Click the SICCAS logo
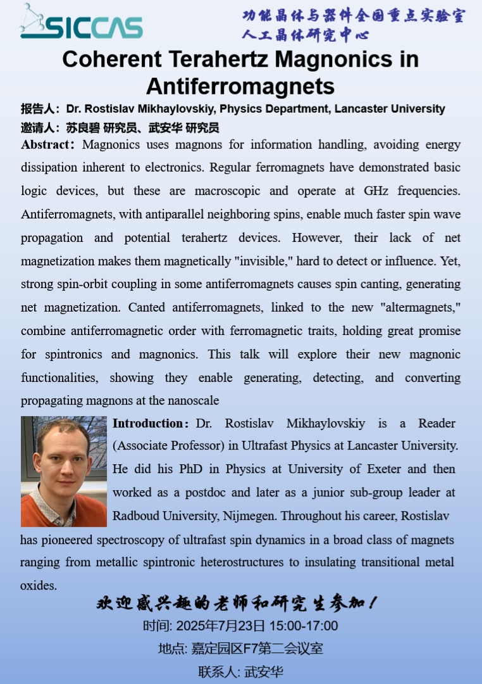coord(81,22)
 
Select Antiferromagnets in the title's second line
coord(240,85)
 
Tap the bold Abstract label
coord(46,144)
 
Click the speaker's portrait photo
coord(64,471)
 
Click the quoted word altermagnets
coord(411,307)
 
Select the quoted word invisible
coord(275,261)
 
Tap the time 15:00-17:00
coord(304,626)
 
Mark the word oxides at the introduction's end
coord(38,586)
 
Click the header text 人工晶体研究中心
coord(305,35)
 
